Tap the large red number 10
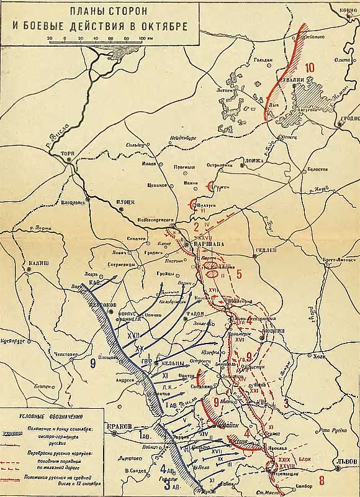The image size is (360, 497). click(310, 67)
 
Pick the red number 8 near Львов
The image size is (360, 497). click(321, 480)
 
